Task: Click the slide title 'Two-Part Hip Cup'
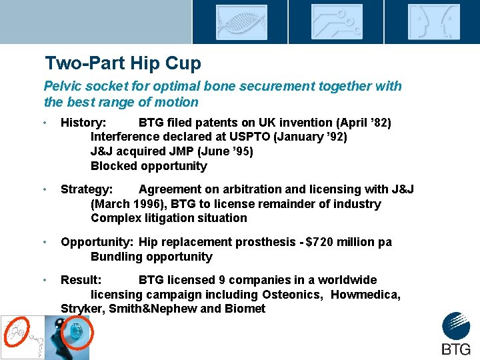click(123, 63)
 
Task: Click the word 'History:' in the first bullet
click(83, 123)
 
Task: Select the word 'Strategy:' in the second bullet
click(87, 189)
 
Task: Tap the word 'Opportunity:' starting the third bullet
click(97, 242)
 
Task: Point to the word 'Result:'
click(81, 280)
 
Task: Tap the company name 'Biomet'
click(245, 309)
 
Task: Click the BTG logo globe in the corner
click(456, 326)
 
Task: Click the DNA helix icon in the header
click(241, 22)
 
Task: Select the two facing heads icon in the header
click(434, 22)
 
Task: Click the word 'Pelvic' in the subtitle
click(63, 86)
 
